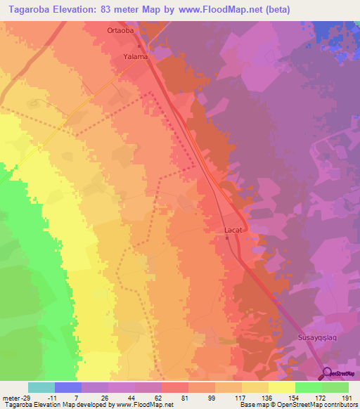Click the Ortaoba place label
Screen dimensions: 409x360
click(x=120, y=30)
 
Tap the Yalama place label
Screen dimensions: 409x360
click(x=135, y=56)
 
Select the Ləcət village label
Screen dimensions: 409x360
click(x=233, y=230)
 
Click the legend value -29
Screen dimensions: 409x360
click(x=27, y=397)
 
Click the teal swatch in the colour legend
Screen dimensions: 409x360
click(x=41, y=387)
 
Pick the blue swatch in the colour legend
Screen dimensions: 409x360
click(x=68, y=387)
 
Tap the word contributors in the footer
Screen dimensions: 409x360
click(x=337, y=405)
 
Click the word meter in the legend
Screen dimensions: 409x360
click(x=10, y=397)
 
